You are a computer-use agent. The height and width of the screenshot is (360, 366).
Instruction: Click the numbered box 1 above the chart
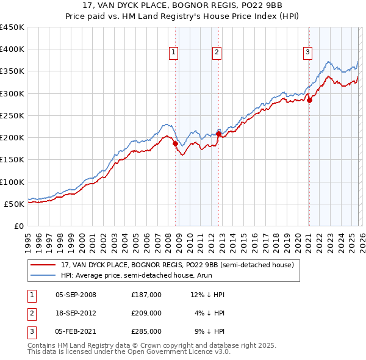(174, 53)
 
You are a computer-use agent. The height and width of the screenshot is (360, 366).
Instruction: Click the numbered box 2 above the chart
(217, 53)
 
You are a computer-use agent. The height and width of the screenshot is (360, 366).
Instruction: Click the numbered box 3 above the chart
(307, 53)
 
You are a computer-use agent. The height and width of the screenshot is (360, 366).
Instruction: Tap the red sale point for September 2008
(176, 143)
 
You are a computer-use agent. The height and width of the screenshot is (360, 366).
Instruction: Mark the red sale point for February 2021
(309, 100)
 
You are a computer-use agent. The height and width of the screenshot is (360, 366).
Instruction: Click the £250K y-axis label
(12, 115)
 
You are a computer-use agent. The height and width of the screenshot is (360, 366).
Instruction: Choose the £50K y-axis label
(15, 204)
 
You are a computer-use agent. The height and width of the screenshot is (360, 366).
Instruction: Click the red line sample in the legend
(44, 265)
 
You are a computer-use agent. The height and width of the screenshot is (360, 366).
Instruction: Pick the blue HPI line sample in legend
(44, 275)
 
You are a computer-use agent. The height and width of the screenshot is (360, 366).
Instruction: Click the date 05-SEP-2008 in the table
(76, 295)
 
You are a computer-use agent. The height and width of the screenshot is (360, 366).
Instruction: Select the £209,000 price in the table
(146, 313)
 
